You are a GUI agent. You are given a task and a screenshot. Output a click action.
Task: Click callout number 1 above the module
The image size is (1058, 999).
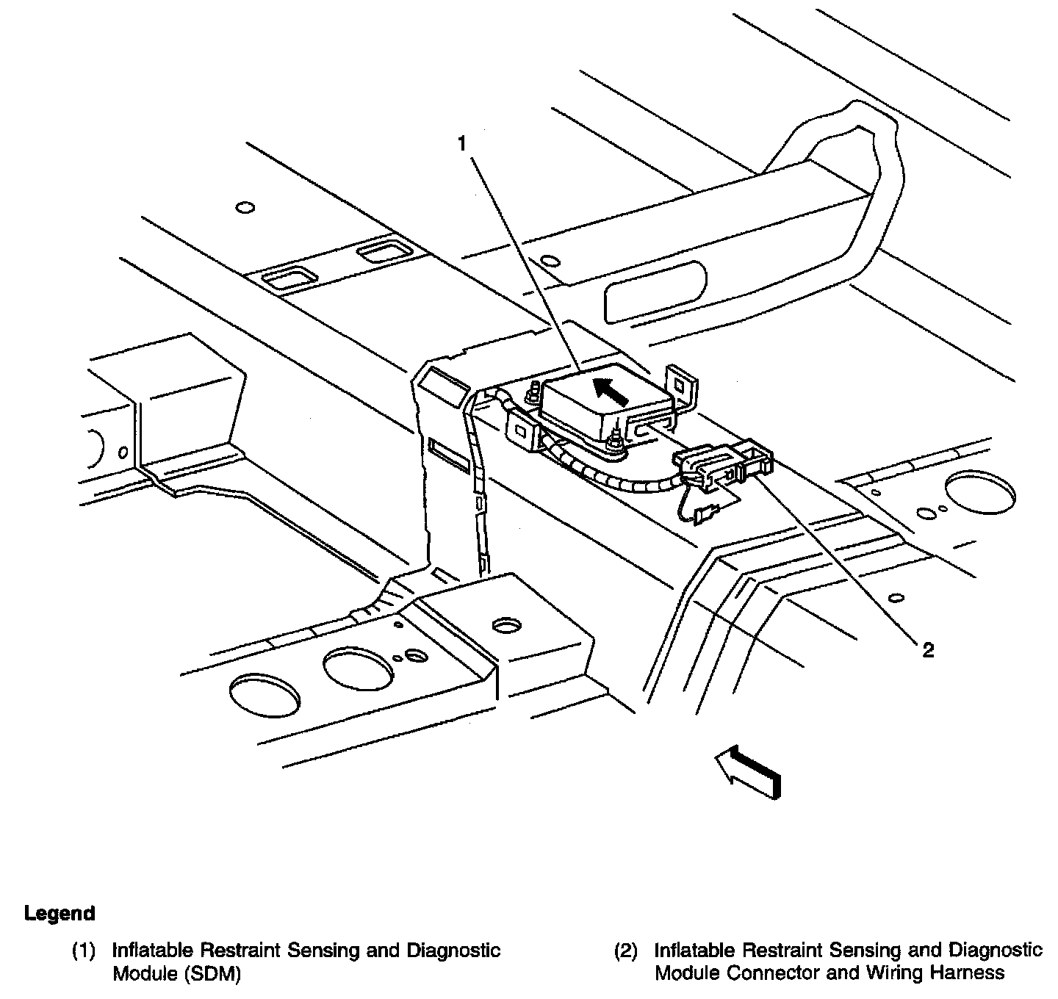click(462, 145)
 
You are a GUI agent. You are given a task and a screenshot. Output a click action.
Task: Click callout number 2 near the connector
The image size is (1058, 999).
click(928, 650)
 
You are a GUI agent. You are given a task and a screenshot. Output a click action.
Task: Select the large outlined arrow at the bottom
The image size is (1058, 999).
click(748, 771)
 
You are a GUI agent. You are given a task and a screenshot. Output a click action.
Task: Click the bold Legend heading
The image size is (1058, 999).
click(60, 914)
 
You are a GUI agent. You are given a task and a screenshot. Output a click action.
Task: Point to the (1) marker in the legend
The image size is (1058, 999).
click(83, 951)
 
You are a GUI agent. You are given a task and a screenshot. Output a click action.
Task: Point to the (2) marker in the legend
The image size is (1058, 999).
click(625, 951)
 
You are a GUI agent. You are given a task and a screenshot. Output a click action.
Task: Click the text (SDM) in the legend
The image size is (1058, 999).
click(212, 974)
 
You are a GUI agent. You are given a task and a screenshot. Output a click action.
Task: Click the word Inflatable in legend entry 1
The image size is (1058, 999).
click(153, 951)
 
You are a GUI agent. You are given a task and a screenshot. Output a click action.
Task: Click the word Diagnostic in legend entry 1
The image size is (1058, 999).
click(453, 951)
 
